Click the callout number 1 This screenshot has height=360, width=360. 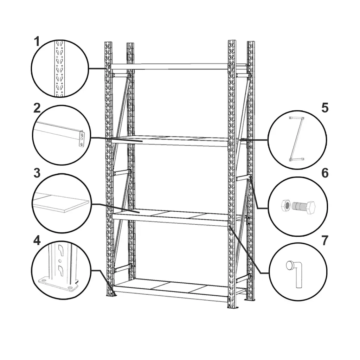pos(37,42)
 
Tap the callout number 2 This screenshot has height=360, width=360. pos(37,108)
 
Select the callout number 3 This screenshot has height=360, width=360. pos(37,173)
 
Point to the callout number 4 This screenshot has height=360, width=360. pos(37,240)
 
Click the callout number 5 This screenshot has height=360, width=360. pos(324,108)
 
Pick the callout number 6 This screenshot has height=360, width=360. pos(324,173)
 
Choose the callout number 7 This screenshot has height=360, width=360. pos(324,240)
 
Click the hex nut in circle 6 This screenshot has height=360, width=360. pos(286,205)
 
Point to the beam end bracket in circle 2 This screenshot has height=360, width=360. pos(81,139)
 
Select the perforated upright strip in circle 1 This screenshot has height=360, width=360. pos(60,69)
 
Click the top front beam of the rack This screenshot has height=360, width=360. pos(169,66)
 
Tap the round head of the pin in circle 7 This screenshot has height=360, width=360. pos(289,265)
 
